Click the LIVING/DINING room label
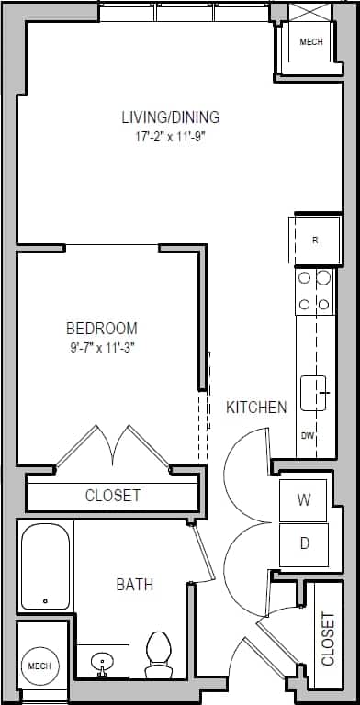click(171, 117)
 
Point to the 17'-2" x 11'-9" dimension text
click(171, 138)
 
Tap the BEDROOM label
click(102, 328)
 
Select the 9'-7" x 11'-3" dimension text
click(102, 347)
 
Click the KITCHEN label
click(256, 407)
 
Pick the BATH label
click(134, 584)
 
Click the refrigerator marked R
click(315, 241)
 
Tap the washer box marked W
click(304, 500)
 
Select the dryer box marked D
click(304, 543)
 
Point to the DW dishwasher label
click(307, 436)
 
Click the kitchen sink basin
click(314, 392)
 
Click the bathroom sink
click(102, 660)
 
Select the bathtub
click(45, 565)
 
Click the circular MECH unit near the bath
click(39, 665)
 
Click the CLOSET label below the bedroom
click(113, 496)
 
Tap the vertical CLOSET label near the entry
click(328, 638)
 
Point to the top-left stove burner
click(304, 277)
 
